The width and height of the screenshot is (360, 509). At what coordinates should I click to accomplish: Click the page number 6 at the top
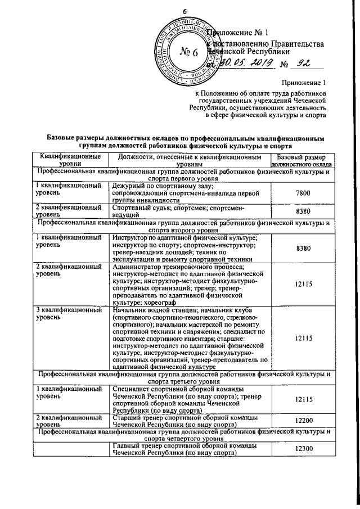point(183,12)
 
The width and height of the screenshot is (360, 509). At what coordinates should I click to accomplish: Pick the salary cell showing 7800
point(303,193)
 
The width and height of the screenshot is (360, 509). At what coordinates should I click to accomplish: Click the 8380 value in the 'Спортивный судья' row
point(303,211)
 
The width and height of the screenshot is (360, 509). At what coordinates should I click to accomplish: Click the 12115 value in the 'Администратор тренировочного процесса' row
point(303,284)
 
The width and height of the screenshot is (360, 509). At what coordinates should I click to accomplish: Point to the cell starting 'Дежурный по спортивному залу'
point(186,193)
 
